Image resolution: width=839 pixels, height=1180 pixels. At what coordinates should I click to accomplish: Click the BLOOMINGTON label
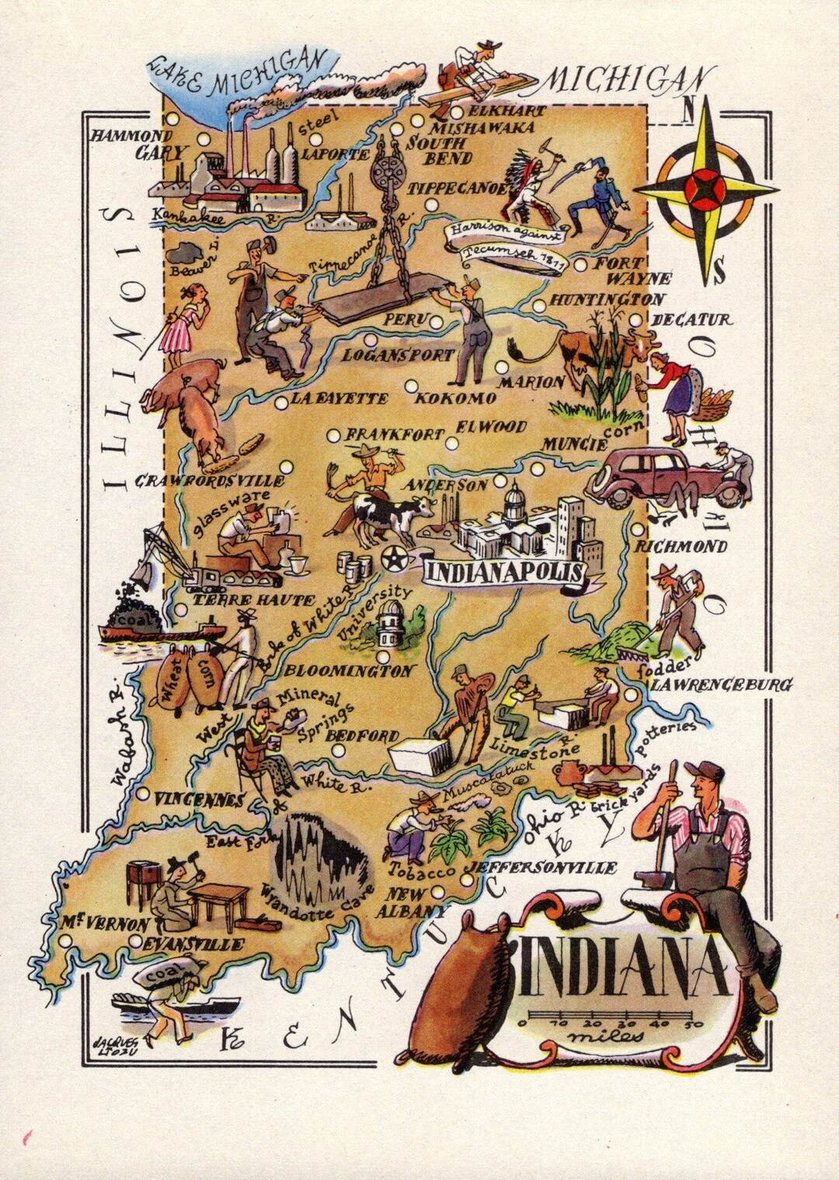(x=349, y=670)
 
